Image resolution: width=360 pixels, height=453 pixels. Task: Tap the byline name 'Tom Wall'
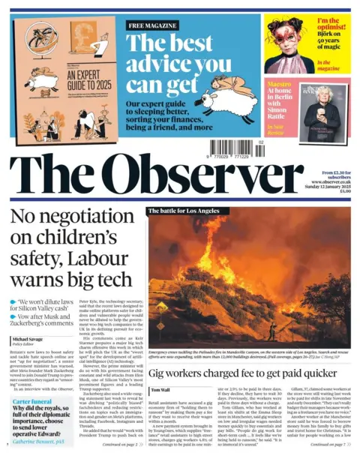[x=160, y=390]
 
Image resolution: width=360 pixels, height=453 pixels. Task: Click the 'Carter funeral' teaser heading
[x=32, y=402]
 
